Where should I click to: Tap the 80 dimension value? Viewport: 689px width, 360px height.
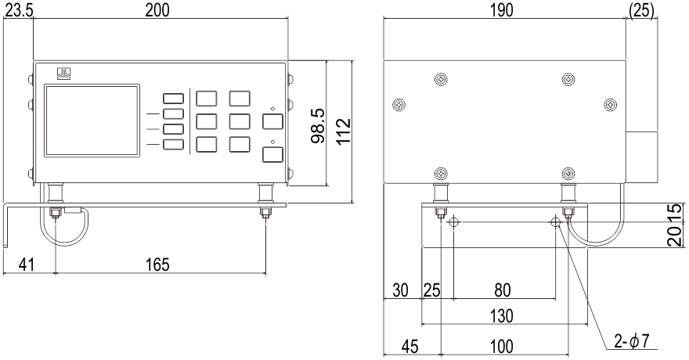coord(503,290)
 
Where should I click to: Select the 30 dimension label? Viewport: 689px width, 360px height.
coord(402,290)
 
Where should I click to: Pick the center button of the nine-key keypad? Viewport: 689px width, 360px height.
coord(207,121)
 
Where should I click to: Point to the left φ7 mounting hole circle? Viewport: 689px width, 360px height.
coord(453,223)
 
